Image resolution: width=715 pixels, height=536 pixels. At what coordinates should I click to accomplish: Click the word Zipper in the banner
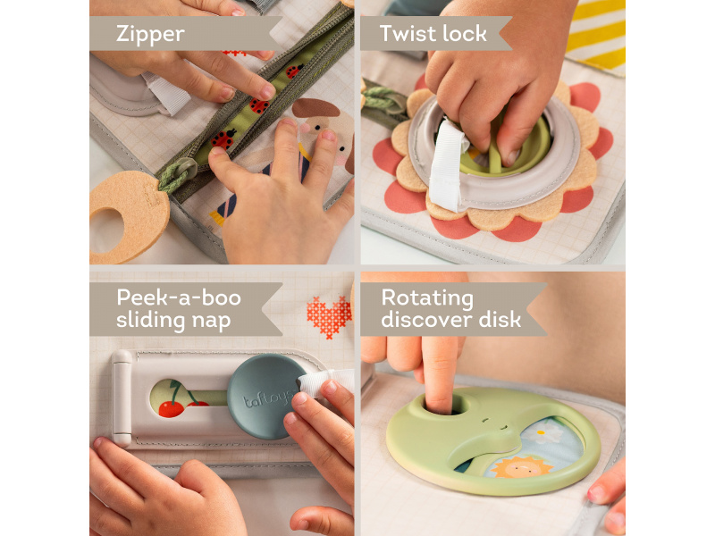click(150, 34)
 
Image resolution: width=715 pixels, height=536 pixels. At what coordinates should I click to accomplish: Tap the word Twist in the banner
click(408, 33)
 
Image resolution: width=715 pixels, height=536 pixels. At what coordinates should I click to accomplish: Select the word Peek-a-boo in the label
click(179, 297)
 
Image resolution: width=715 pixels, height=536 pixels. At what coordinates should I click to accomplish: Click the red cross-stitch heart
click(329, 316)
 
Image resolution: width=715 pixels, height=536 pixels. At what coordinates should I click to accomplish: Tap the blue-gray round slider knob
click(264, 396)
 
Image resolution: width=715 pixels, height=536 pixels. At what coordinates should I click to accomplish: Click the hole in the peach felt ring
click(106, 230)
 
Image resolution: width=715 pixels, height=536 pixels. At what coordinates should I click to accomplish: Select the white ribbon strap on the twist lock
click(446, 166)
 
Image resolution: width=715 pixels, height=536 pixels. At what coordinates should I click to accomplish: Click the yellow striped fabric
click(597, 33)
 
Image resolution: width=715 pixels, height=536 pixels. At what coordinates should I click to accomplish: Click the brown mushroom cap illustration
click(315, 108)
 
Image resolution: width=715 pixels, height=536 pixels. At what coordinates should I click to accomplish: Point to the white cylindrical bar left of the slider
click(122, 398)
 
